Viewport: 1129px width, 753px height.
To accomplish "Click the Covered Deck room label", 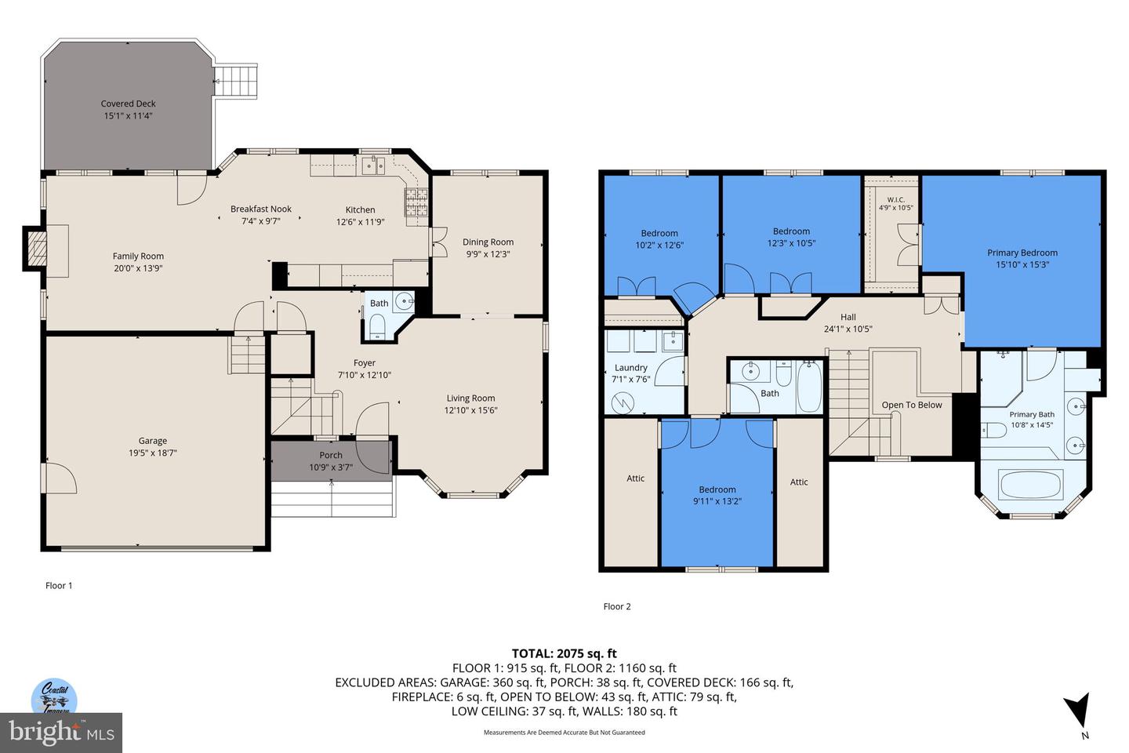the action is (x=128, y=104).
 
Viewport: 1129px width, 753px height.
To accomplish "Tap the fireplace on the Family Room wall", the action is (x=36, y=249).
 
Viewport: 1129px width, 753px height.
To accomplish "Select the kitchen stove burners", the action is (x=416, y=202).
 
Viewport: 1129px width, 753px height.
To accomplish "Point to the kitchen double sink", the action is (x=373, y=165).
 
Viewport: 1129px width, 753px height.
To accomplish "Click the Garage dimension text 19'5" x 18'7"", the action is (x=152, y=453).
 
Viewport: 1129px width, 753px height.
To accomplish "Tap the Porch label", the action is (x=331, y=455).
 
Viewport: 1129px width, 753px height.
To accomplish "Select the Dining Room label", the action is (x=488, y=242).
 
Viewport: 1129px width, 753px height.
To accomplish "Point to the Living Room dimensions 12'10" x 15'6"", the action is (x=470, y=410).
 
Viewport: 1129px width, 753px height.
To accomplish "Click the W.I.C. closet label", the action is (x=895, y=200).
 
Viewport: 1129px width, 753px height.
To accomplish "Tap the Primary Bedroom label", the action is (x=1022, y=253).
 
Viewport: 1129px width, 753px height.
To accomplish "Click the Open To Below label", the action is (x=912, y=405).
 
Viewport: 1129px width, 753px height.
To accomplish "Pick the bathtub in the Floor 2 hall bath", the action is (x=809, y=387).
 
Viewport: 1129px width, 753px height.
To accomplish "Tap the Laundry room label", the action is (x=631, y=368).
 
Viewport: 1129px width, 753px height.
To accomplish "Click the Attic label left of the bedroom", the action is (x=636, y=478).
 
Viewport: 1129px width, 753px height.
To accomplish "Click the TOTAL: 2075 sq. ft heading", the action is (x=564, y=653).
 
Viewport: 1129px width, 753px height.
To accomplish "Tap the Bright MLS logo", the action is (x=61, y=733).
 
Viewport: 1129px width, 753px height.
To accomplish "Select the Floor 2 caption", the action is (x=617, y=606).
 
